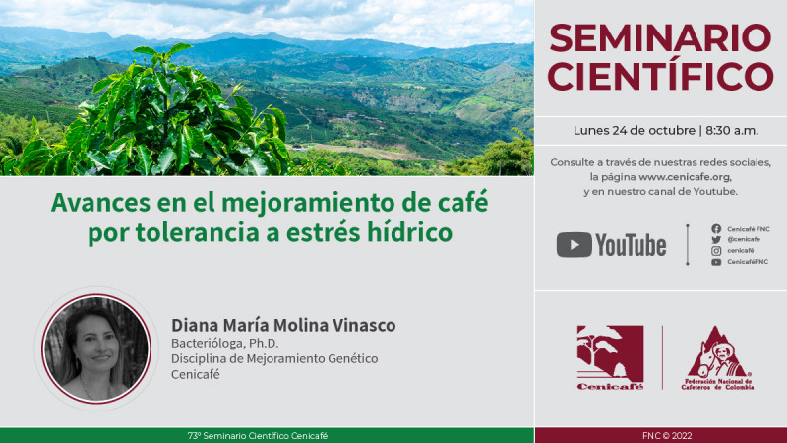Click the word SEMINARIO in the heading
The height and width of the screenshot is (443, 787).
pyautogui.click(x=660, y=38)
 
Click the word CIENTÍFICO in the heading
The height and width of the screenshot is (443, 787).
pyautogui.click(x=660, y=76)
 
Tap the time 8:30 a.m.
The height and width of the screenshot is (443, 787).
pyautogui.click(x=732, y=131)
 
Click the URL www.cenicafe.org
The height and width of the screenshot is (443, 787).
pyautogui.click(x=685, y=177)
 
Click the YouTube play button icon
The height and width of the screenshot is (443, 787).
pyautogui.click(x=575, y=244)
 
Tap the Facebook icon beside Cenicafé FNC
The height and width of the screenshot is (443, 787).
pyautogui.click(x=716, y=229)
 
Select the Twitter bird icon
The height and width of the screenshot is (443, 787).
pyautogui.click(x=716, y=240)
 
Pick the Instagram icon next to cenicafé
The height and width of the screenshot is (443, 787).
pyautogui.click(x=716, y=251)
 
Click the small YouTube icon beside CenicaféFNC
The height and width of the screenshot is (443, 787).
pyautogui.click(x=716, y=262)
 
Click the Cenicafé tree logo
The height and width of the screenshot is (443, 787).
pyautogui.click(x=610, y=357)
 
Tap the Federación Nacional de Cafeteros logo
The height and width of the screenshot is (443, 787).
pyautogui.click(x=718, y=358)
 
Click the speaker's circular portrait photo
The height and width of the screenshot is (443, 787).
pyautogui.click(x=96, y=348)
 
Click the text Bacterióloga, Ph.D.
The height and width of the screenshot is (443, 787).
pyautogui.click(x=225, y=343)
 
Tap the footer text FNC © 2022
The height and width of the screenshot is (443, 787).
pyautogui.click(x=667, y=436)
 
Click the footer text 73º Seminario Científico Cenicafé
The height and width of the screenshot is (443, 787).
pyautogui.click(x=258, y=436)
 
